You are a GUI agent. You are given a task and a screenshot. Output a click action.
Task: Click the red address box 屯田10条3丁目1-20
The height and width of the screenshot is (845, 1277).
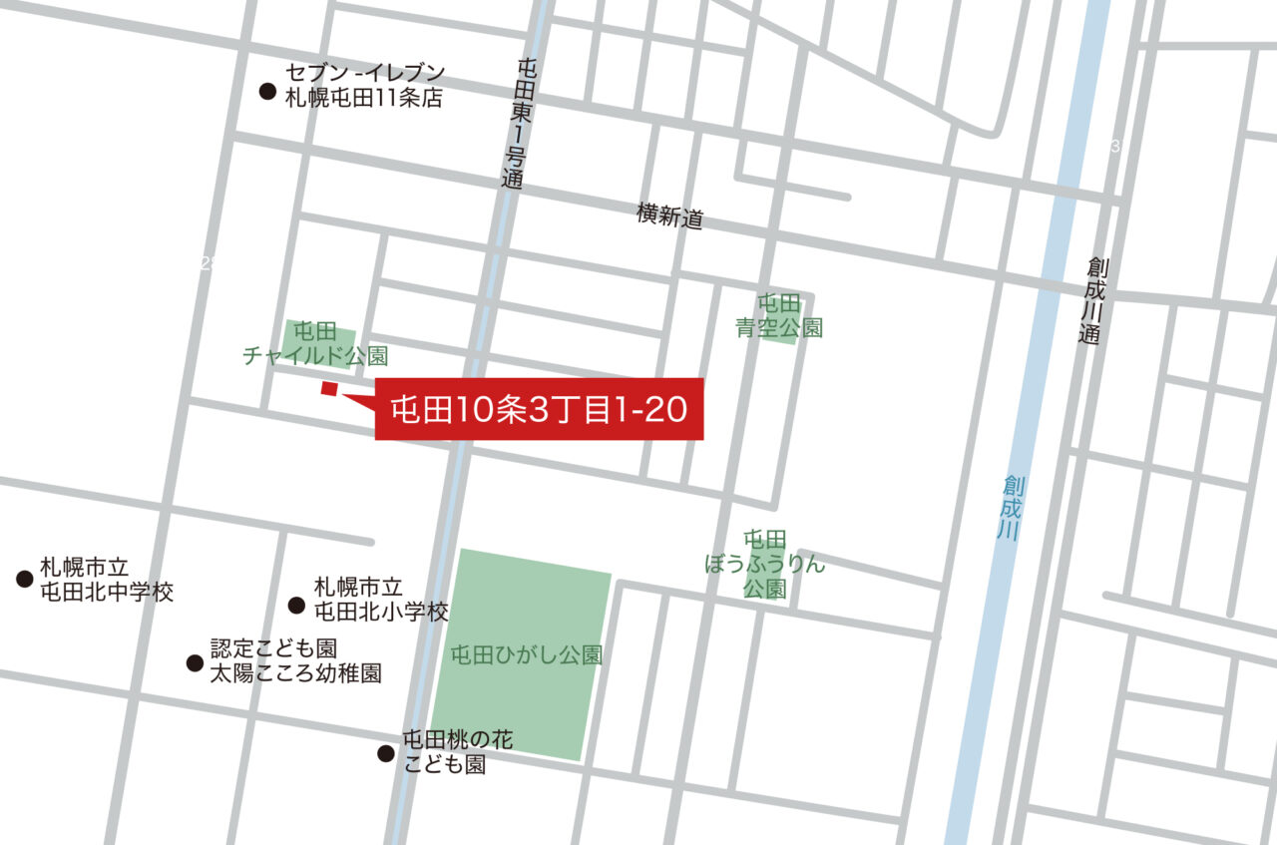539,409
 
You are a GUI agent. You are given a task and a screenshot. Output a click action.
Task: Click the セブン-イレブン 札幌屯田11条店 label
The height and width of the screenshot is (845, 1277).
364,86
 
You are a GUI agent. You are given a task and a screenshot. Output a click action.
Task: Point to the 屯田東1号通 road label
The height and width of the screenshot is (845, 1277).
515,124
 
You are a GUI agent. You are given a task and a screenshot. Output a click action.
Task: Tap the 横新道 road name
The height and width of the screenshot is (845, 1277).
670,215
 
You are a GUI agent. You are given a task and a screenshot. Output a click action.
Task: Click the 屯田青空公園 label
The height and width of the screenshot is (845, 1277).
779,315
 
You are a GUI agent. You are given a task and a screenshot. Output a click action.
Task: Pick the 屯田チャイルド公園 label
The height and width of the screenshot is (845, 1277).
315,343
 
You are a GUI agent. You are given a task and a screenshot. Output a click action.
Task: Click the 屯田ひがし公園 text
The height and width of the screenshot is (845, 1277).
527,655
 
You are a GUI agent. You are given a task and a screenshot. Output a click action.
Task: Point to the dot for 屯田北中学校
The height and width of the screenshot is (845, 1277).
25,579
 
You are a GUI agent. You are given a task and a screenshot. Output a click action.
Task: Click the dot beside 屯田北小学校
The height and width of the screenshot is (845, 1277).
296,605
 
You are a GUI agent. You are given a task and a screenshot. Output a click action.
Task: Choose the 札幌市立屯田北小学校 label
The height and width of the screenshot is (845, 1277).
381,600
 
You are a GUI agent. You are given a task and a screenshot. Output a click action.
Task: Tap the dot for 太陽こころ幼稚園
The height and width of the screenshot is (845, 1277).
195,662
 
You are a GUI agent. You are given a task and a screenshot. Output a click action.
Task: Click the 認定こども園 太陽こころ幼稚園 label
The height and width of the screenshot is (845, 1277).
295,660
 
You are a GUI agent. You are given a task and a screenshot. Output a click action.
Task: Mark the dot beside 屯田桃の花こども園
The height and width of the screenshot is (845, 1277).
386,753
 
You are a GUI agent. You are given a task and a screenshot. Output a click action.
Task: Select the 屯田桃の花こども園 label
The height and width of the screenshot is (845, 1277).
458,752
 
